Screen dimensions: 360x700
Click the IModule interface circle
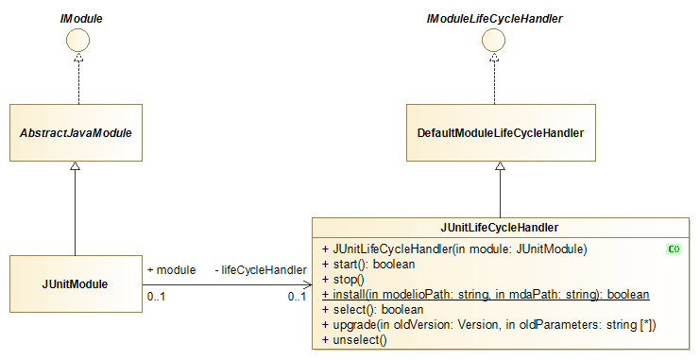pyautogui.click(x=75, y=40)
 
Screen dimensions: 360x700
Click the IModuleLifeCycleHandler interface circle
pyautogui.click(x=501, y=40)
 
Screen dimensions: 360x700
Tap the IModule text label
pyautogui.click(x=75, y=17)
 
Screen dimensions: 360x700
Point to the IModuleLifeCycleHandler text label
pyautogui.click(x=501, y=17)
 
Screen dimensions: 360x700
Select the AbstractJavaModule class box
pyautogui.click(x=75, y=131)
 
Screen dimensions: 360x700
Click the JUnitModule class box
pyautogui.click(x=75, y=283)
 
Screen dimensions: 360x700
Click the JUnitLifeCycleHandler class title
pyautogui.click(x=500, y=228)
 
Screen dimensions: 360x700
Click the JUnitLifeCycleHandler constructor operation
pyautogui.click(x=454, y=249)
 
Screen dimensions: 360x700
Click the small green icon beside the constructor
pyautogui.click(x=674, y=249)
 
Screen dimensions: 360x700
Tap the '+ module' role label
pyautogui.click(x=171, y=270)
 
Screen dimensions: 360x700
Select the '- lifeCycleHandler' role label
pyautogui.click(x=260, y=270)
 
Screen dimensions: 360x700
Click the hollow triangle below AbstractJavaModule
pyautogui.click(x=75, y=167)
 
